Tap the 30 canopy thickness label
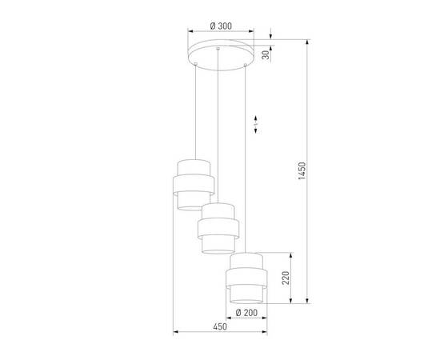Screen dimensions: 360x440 [x=266, y=54]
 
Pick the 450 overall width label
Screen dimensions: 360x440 [x=220, y=326]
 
